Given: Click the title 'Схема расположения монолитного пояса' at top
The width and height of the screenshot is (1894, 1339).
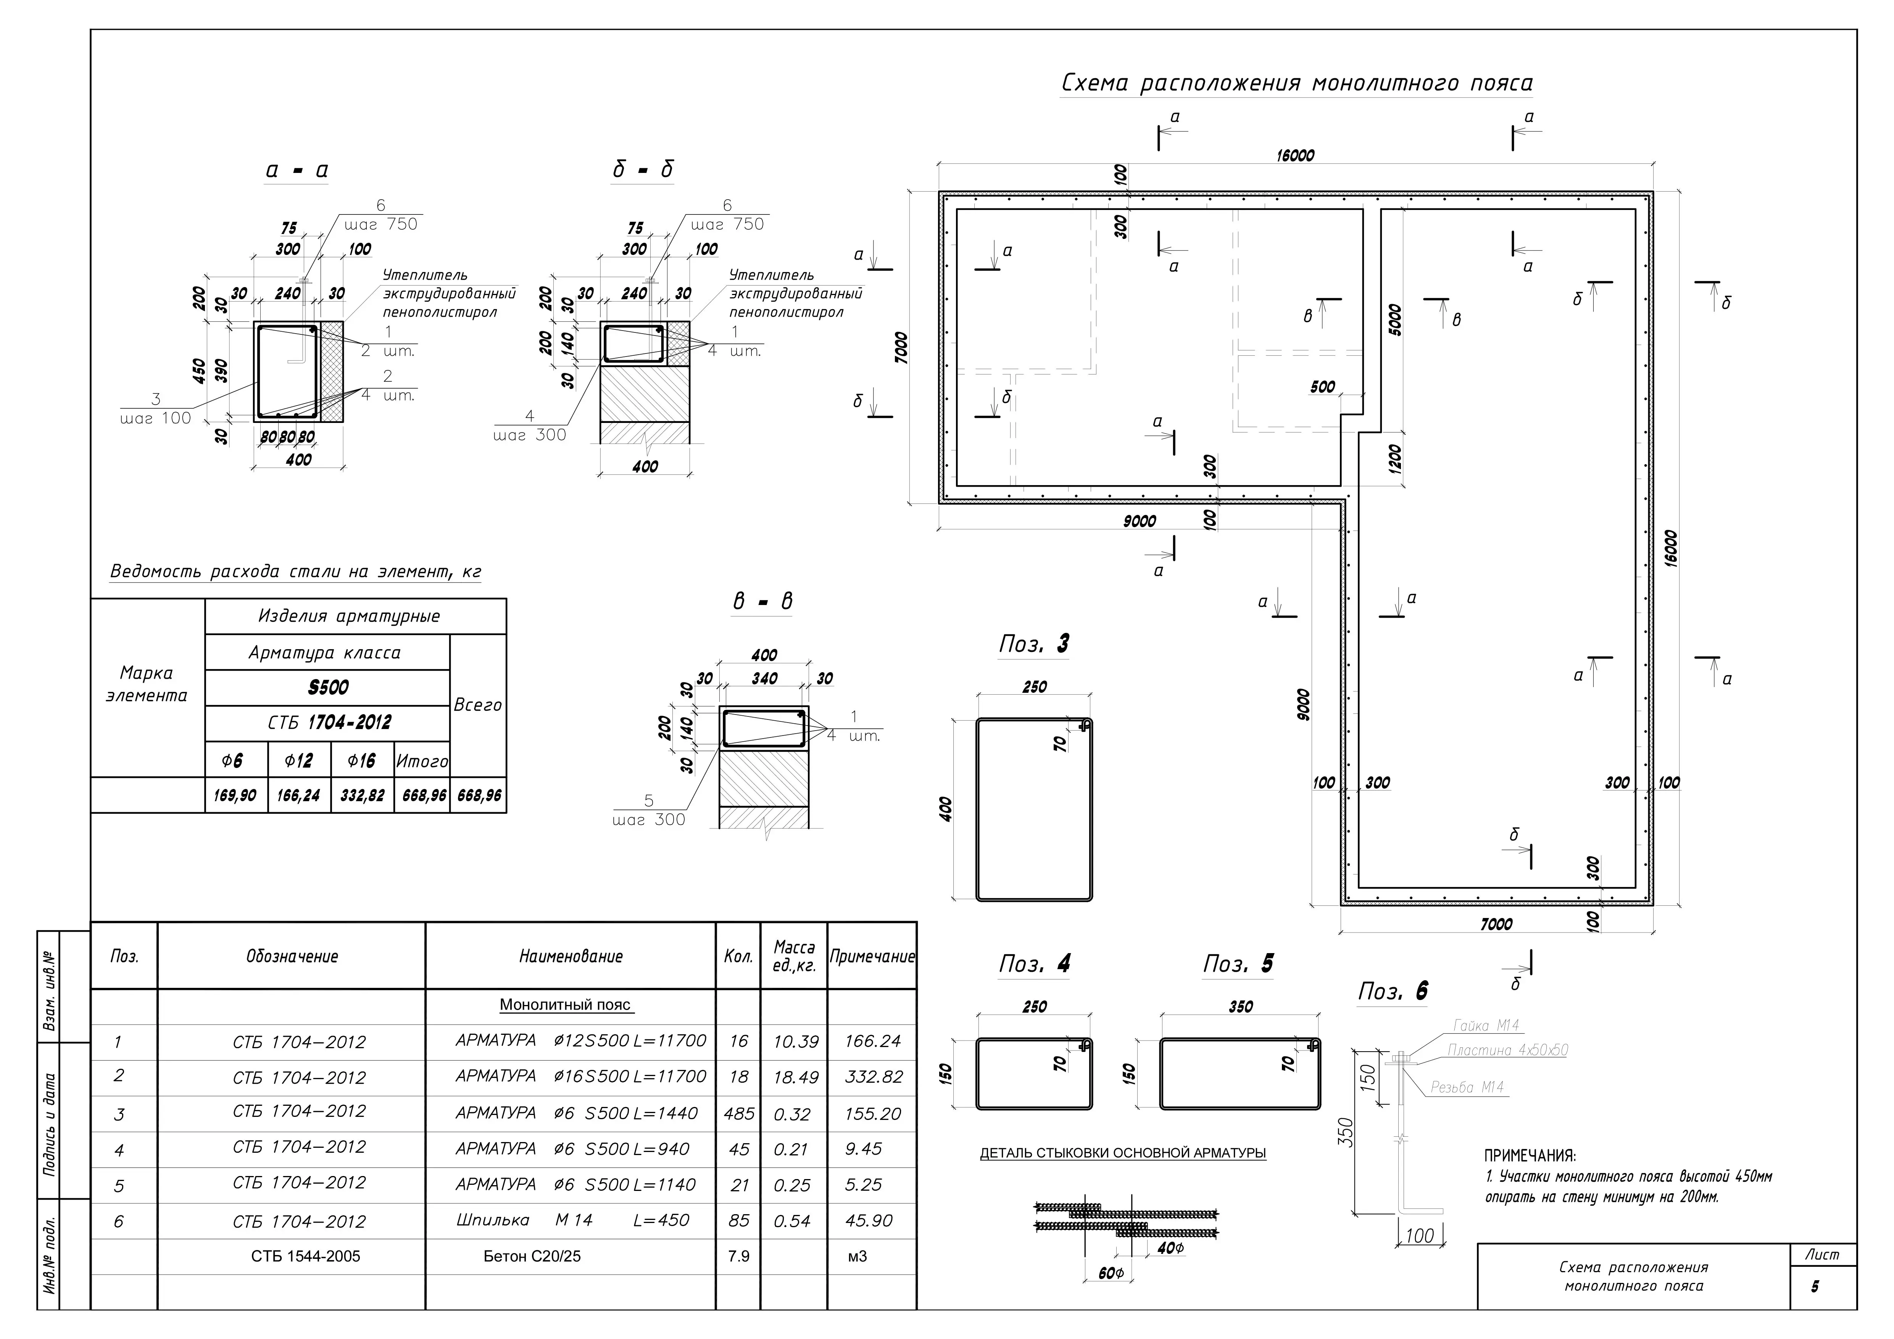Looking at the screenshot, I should pyautogui.click(x=1296, y=83).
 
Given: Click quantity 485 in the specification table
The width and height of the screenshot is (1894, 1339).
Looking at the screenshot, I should pyautogui.click(x=738, y=1114).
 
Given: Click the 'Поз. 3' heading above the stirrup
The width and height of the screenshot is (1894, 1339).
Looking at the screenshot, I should pyautogui.click(x=1033, y=644).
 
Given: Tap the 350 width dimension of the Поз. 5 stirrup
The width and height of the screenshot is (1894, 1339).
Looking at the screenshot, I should pyautogui.click(x=1241, y=1007).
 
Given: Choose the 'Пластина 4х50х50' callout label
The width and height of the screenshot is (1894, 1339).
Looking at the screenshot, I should pyautogui.click(x=1507, y=1050).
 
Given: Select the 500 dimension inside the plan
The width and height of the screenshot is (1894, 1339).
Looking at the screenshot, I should pyautogui.click(x=1322, y=387).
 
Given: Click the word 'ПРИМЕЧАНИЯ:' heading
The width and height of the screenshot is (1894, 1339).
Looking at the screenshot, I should pyautogui.click(x=1530, y=1156).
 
